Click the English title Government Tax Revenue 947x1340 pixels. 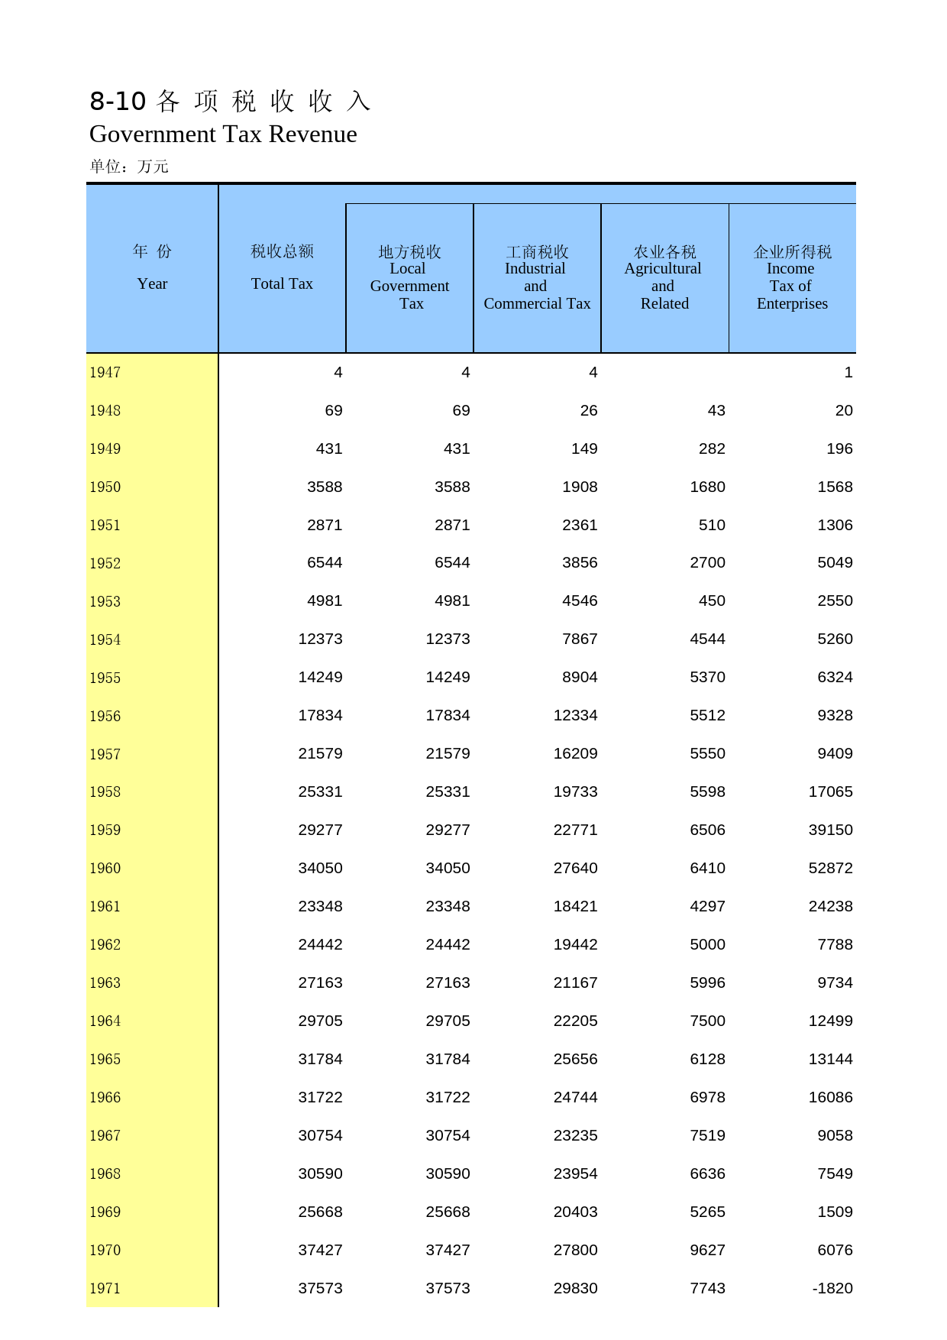(x=223, y=134)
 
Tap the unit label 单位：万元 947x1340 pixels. (x=129, y=167)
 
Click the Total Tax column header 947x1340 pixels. (x=282, y=268)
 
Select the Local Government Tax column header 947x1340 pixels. (x=409, y=277)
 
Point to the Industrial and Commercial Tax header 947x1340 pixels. (x=537, y=277)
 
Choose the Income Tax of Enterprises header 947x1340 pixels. (x=792, y=277)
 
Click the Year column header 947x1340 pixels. (x=152, y=268)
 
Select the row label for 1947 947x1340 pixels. (x=105, y=373)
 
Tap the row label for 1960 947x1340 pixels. (x=105, y=869)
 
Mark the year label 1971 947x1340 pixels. (x=105, y=1289)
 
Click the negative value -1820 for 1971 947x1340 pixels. (x=832, y=1289)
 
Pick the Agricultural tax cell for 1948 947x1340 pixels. (x=716, y=411)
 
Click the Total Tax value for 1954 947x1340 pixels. (x=320, y=639)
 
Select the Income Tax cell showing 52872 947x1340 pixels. (x=830, y=869)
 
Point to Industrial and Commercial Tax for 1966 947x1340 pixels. (x=575, y=1098)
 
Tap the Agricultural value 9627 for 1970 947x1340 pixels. (x=707, y=1251)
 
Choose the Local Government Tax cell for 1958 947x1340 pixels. (x=448, y=792)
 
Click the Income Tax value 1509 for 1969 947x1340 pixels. (x=835, y=1212)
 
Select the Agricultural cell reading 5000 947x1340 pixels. (x=707, y=945)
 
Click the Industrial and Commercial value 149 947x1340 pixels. (x=584, y=449)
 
